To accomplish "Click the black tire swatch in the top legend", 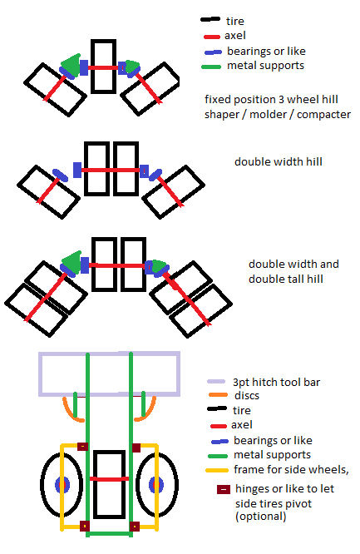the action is click(210, 19).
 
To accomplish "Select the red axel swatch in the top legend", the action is click(212, 37).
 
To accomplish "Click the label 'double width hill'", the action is click(279, 162).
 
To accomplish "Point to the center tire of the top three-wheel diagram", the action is click(104, 67).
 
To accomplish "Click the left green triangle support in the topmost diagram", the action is click(72, 65).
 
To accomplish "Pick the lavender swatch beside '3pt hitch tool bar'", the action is click(216, 382).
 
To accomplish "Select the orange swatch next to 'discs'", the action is click(218, 395).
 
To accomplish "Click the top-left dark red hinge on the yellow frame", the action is click(82, 447).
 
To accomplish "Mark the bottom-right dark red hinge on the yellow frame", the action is click(134, 527).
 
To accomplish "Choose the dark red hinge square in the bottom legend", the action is click(224, 489).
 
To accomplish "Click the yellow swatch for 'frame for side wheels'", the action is click(217, 470).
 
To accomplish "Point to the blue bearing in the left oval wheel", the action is click(62, 485).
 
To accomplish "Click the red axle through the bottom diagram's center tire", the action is click(110, 479).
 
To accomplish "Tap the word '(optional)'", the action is click(261, 517).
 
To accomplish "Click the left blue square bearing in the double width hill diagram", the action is click(77, 170).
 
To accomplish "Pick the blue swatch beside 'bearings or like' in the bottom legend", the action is click(219, 442).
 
